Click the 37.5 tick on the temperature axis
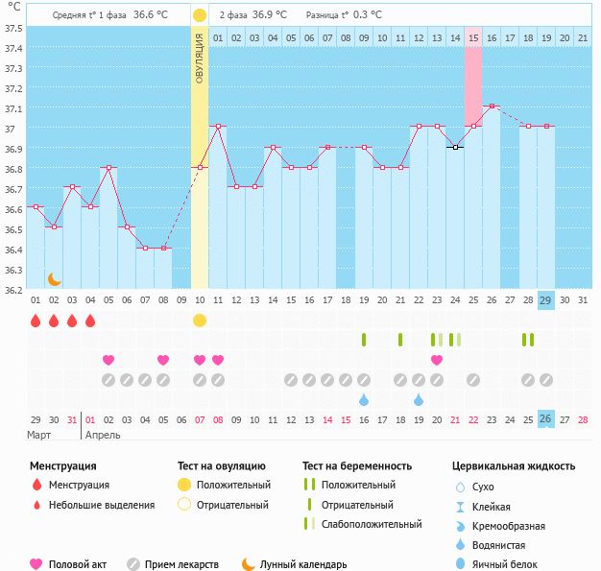pos(14,28)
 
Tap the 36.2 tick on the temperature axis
pos(14,289)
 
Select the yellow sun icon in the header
pos(200,15)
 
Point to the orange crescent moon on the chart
pos(55,278)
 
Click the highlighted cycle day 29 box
pos(546,300)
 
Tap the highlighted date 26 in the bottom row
pos(546,418)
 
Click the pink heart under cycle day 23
pos(437,360)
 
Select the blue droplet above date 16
pos(364,399)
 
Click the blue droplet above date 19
pos(419,399)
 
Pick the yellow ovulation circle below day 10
pos(200,320)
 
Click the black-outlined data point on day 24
pos(455,147)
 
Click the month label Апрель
pos(104,435)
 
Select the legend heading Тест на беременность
pos(357,465)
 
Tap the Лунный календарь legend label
pos(303,565)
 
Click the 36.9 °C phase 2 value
pos(270,15)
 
